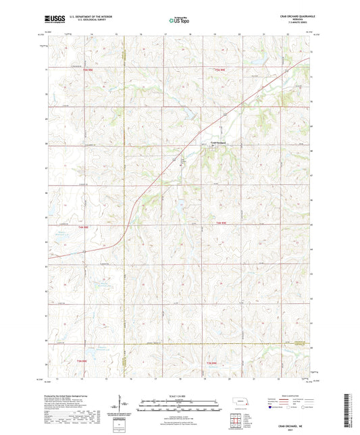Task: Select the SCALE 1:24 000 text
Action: (x=179, y=395)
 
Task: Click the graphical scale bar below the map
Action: (x=179, y=403)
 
